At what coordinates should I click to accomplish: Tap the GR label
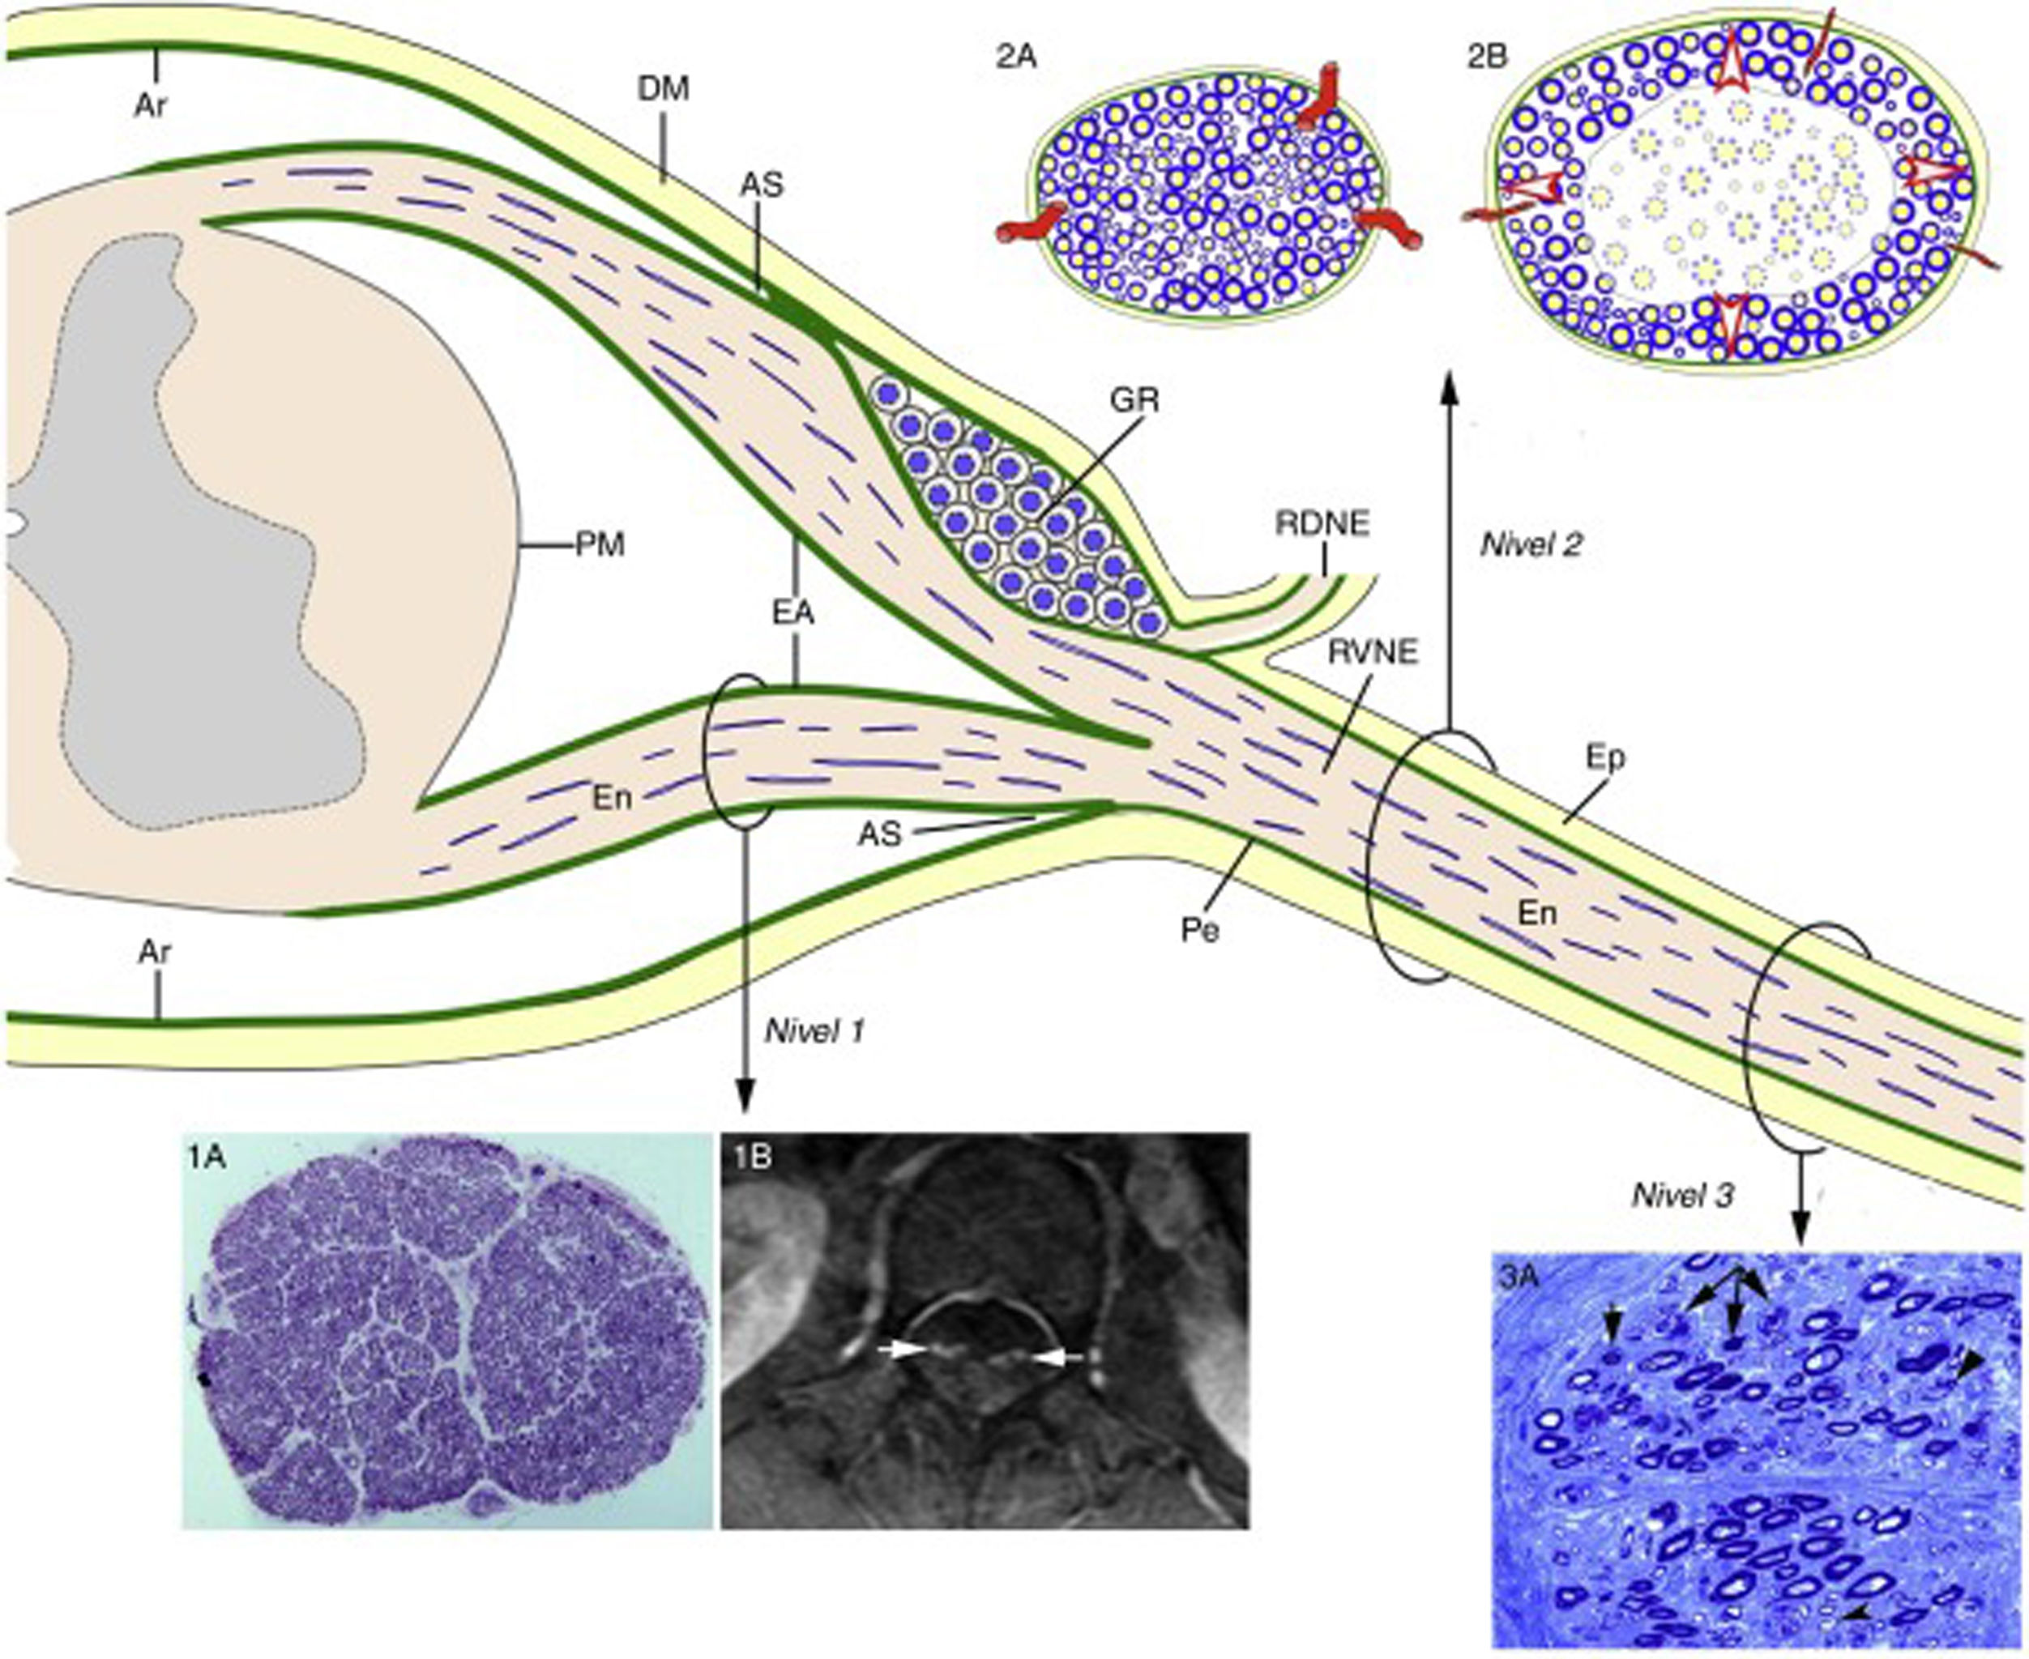pos(1134,400)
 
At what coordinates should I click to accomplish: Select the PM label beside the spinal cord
pos(600,546)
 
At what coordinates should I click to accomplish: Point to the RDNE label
pos(1322,523)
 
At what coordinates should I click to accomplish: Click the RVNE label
pos(1374,654)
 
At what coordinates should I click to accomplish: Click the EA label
pos(794,612)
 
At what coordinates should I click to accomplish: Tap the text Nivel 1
pos(814,1030)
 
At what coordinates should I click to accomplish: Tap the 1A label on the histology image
pos(208,1158)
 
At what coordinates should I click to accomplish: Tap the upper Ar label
pos(151,105)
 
